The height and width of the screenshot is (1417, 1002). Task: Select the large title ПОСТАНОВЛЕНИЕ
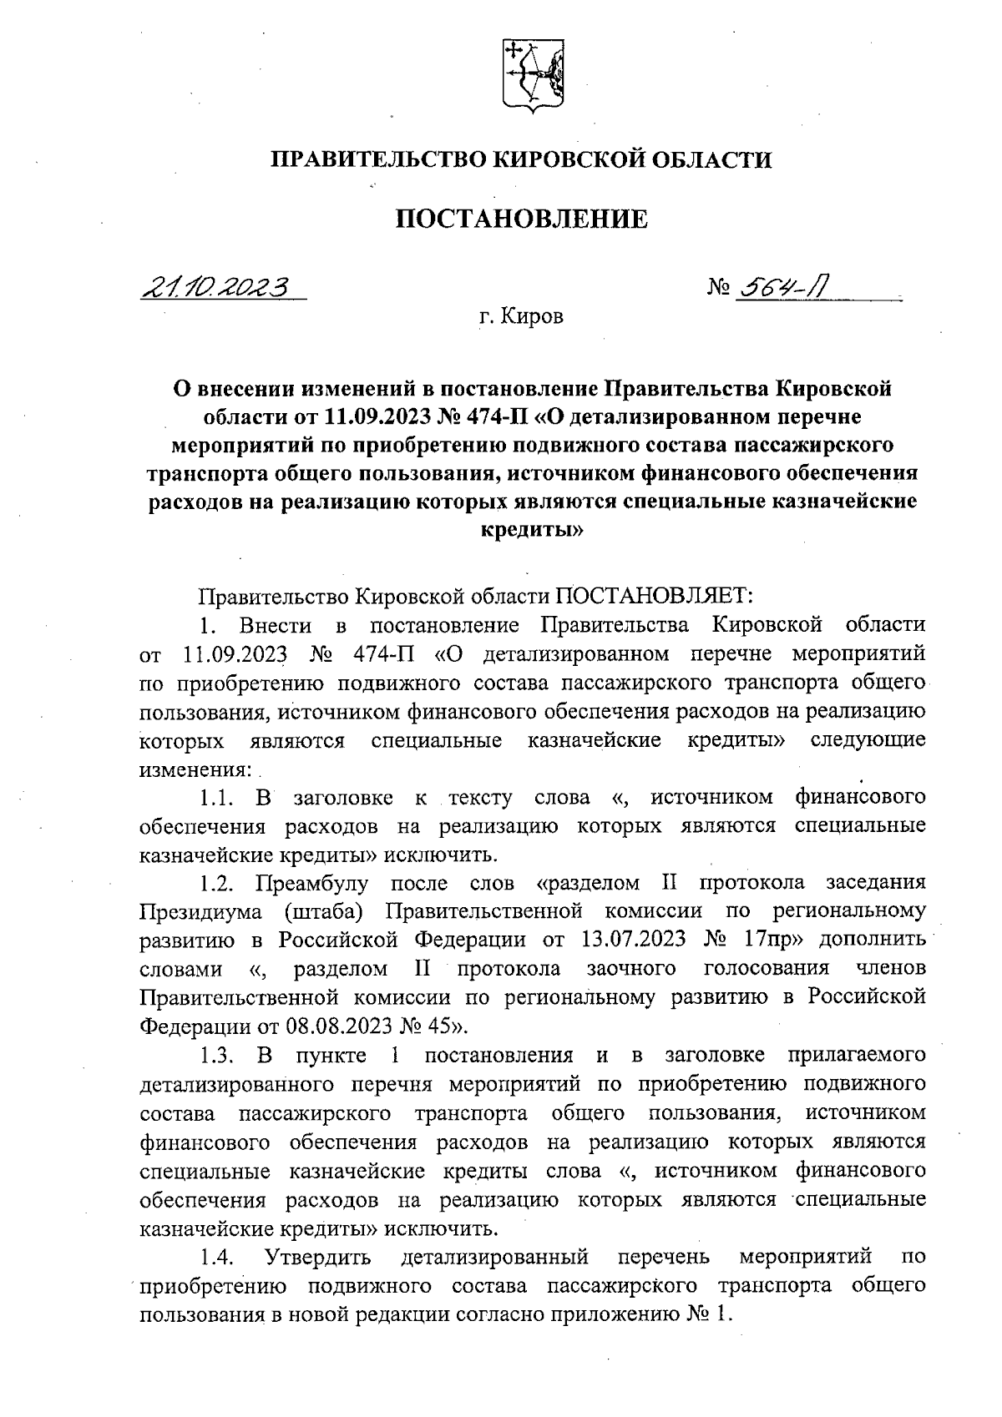(x=521, y=219)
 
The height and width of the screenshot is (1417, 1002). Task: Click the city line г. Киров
(x=521, y=317)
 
